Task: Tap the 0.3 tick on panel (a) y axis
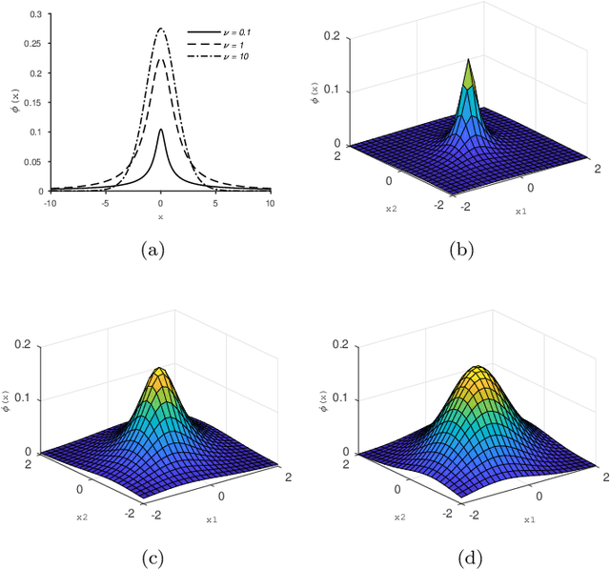[x=36, y=15]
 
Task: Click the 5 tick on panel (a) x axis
[x=215, y=201]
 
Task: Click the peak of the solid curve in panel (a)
[x=160, y=130]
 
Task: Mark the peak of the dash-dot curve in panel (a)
[x=160, y=29]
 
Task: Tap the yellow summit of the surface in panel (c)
[x=160, y=369]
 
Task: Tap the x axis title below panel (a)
[x=160, y=216]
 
